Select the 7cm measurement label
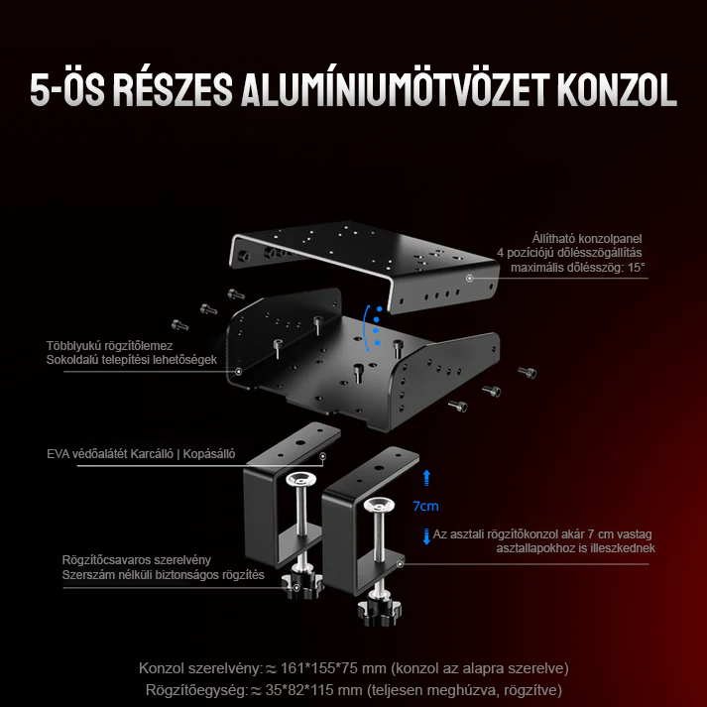point(425,506)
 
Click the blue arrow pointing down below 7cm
point(426,536)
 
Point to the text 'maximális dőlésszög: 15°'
point(578,267)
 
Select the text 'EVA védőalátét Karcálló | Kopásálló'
point(141,455)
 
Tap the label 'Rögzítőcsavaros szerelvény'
point(136,559)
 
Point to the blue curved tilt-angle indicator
point(374,327)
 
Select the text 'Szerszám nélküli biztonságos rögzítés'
point(163,575)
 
